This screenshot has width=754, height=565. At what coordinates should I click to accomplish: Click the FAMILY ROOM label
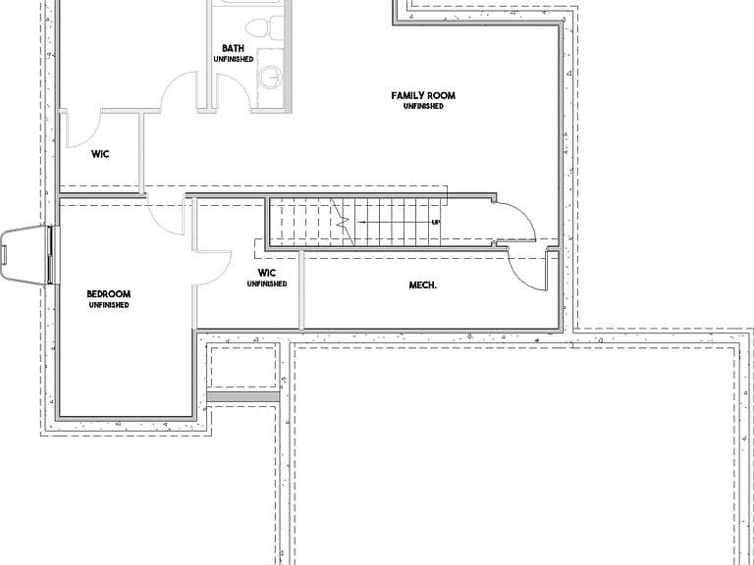point(423,95)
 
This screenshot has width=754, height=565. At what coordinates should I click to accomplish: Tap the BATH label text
point(234,48)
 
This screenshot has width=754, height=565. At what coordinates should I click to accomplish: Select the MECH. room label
point(423,284)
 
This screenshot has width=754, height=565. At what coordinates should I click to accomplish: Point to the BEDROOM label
point(109,294)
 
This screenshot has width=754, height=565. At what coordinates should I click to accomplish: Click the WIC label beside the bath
point(100,154)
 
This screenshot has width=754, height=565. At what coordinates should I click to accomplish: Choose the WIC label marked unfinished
point(267,273)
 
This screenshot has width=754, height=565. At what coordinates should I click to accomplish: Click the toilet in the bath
point(265,27)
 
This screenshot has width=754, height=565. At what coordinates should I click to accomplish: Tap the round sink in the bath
point(271,77)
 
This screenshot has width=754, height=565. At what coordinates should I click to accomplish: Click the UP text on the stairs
point(436,222)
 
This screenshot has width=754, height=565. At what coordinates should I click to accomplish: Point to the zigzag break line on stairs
point(343,222)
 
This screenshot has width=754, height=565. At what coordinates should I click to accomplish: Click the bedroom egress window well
point(25,255)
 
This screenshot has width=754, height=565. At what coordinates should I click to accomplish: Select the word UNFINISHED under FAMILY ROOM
point(423,106)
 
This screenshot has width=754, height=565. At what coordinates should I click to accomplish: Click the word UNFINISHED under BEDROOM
point(109,305)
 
